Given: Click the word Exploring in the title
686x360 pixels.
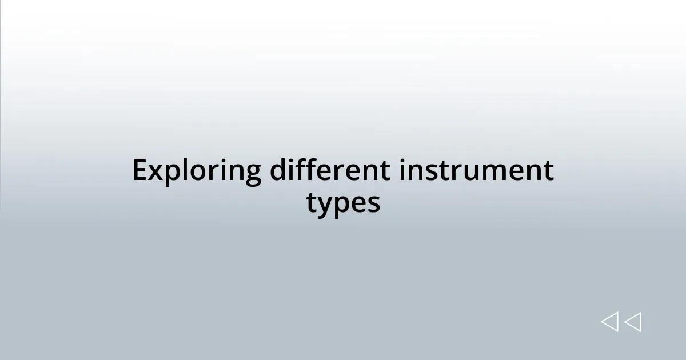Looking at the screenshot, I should [x=197, y=171].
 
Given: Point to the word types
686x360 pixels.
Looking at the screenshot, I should [x=343, y=203].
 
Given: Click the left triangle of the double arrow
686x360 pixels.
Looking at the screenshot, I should [x=609, y=322].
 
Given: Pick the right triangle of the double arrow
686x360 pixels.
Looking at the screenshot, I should [x=633, y=322].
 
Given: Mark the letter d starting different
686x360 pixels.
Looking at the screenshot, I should [x=278, y=170].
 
